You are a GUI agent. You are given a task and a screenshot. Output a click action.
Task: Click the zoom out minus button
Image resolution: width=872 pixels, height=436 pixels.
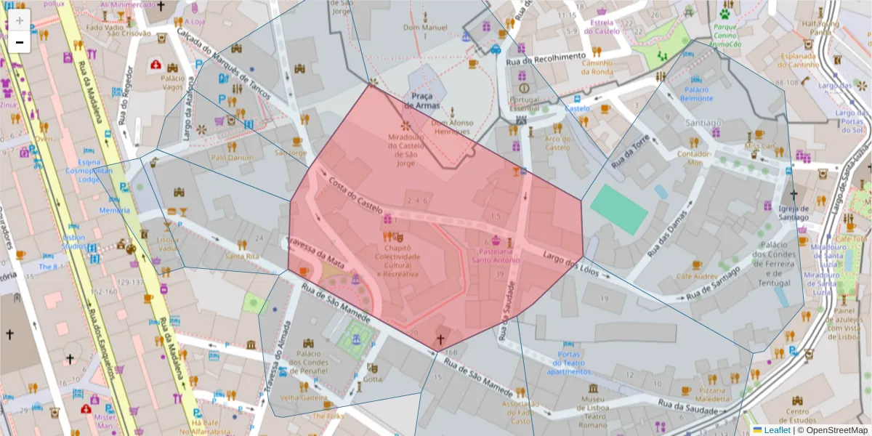pos(20,42)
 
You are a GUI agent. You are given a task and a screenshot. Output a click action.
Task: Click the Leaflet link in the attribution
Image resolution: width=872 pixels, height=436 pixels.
pos(776,430)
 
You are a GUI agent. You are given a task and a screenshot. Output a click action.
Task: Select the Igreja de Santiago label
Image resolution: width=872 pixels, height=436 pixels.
pos(793,213)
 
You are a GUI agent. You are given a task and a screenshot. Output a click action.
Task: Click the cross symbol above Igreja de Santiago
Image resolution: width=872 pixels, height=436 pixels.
pos(793,195)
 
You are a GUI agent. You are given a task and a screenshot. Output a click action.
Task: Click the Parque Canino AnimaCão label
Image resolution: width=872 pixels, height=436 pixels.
pos(725,35)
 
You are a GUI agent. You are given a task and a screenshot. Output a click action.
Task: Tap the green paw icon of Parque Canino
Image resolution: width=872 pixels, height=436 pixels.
pos(725,12)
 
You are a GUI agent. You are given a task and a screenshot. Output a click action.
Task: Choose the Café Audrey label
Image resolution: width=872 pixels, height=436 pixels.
pos(697,276)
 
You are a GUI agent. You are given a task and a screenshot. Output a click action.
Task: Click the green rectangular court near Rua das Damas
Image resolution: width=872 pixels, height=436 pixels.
pos(618,209)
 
